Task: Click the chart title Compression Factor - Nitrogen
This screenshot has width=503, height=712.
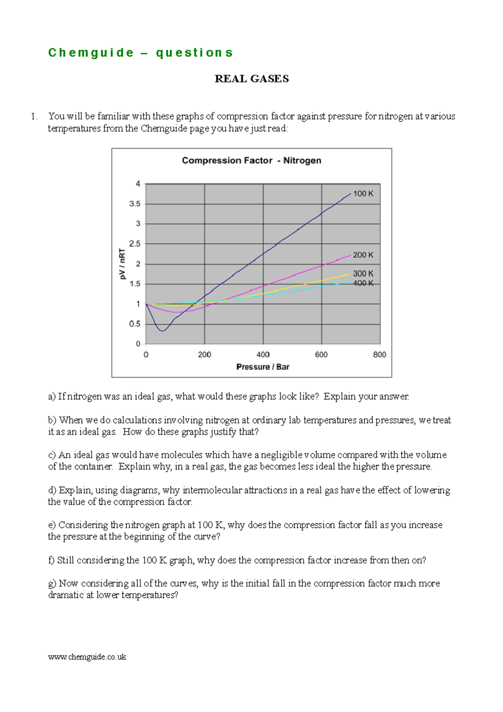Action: tap(251, 161)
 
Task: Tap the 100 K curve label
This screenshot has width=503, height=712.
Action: tap(363, 194)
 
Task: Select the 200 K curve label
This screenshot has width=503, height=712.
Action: tap(363, 255)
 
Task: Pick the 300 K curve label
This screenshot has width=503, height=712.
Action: tap(363, 274)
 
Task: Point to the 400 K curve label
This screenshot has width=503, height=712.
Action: tap(363, 283)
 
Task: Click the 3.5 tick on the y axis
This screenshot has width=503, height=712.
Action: tap(135, 204)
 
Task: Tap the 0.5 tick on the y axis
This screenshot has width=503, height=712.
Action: tap(135, 324)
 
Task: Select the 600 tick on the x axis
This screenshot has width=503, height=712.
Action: tap(322, 355)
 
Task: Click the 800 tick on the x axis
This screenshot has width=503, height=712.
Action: tap(380, 355)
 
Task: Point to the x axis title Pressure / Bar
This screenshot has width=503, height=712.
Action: tap(263, 367)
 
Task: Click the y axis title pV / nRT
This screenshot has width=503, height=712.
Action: tap(122, 264)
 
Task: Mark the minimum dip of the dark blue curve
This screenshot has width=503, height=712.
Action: tap(163, 331)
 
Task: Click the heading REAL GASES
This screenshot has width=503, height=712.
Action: tap(251, 79)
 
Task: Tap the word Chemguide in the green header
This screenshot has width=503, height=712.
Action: tap(91, 53)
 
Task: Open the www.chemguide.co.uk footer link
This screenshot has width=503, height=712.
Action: tap(87, 657)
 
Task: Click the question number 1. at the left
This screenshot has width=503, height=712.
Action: tap(34, 117)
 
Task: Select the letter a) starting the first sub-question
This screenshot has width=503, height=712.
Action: tap(52, 397)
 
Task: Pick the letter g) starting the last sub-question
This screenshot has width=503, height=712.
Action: tap(52, 584)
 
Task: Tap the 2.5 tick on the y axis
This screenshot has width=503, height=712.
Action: tap(135, 244)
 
